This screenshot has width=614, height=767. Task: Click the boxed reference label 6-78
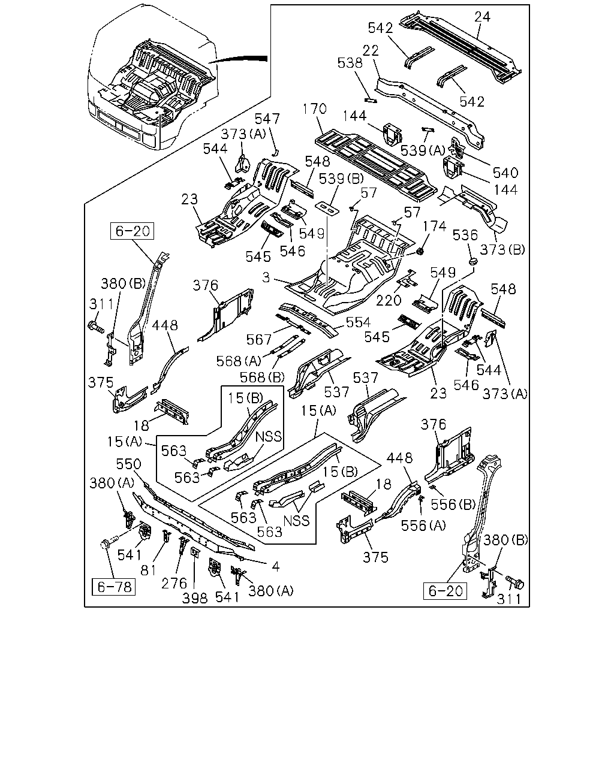point(114,587)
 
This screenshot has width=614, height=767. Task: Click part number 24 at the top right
point(482,17)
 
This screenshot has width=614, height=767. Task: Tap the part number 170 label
point(315,108)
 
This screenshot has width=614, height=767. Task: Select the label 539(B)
point(341,179)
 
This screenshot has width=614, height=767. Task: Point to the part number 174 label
point(435,226)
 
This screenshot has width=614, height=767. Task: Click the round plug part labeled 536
point(473,261)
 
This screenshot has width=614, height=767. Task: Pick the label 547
point(267,119)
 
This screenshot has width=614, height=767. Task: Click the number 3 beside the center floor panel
point(266,277)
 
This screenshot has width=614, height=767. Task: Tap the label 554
point(358,322)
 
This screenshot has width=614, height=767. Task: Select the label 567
point(258,340)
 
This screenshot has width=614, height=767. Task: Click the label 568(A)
point(239,361)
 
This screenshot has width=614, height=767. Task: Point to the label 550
point(128,464)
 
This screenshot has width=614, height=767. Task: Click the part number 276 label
point(174,584)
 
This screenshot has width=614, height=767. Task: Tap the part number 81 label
point(149,570)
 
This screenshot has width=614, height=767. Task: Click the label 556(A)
point(423,526)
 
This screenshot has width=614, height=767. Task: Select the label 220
point(389,300)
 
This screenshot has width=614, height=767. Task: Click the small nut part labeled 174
point(420,252)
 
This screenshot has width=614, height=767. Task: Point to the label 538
point(350,63)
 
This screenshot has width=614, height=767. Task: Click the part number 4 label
point(275,566)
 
